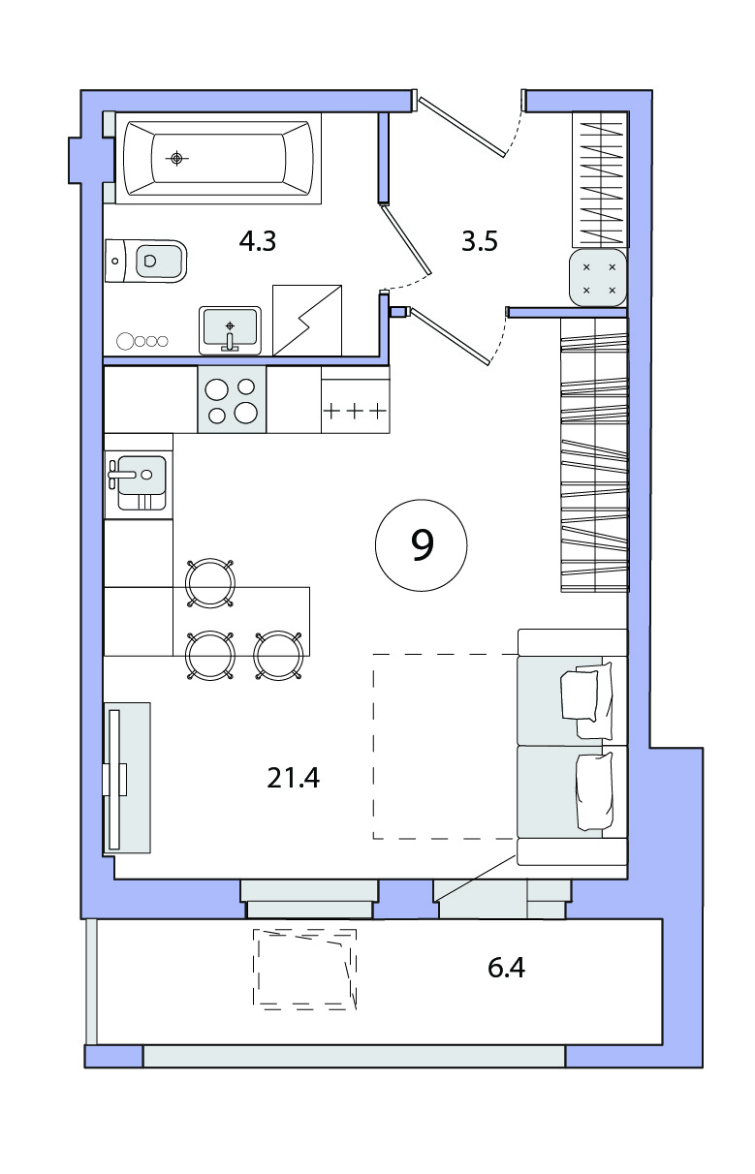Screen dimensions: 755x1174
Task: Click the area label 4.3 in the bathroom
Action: pos(258,241)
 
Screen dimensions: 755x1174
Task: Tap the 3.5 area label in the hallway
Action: pos(479,241)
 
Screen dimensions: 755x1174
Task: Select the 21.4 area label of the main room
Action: pos(293,778)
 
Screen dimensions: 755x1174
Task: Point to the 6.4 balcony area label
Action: pos(506,968)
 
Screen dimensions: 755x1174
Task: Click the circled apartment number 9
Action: pos(422,545)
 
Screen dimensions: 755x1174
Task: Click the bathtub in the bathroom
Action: pos(218,158)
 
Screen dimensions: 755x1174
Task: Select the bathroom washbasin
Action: pos(230,330)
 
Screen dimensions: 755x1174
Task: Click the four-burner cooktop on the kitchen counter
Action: pos(232,399)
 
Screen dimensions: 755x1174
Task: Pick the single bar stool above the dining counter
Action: pos(210,583)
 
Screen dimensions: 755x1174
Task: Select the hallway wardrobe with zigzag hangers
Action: pos(600,179)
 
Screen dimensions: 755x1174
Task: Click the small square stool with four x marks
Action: pos(598,278)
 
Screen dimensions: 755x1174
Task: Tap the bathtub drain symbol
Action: pos(176,158)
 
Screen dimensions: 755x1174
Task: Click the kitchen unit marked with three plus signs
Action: pos(356,399)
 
